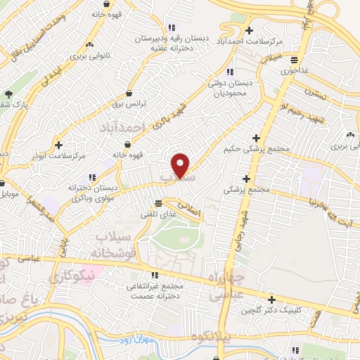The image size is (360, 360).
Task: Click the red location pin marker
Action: tap(181, 165)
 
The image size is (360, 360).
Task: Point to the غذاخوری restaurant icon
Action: tap(294, 59)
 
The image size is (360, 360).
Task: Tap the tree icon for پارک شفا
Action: tap(8, 95)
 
